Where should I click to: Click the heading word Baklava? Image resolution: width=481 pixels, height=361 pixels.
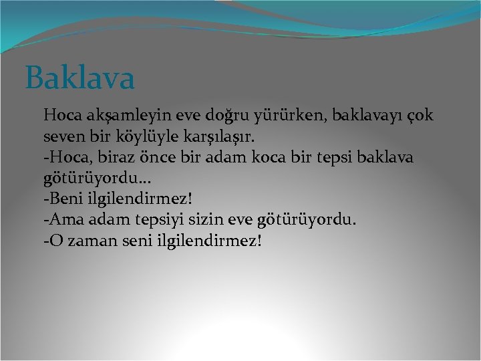80,78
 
